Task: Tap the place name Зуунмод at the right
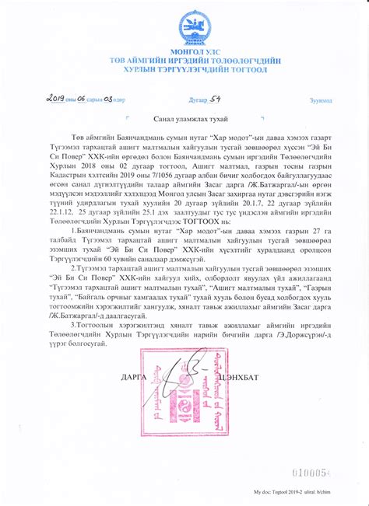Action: pos(320,101)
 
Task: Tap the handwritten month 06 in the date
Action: pos(83,99)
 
